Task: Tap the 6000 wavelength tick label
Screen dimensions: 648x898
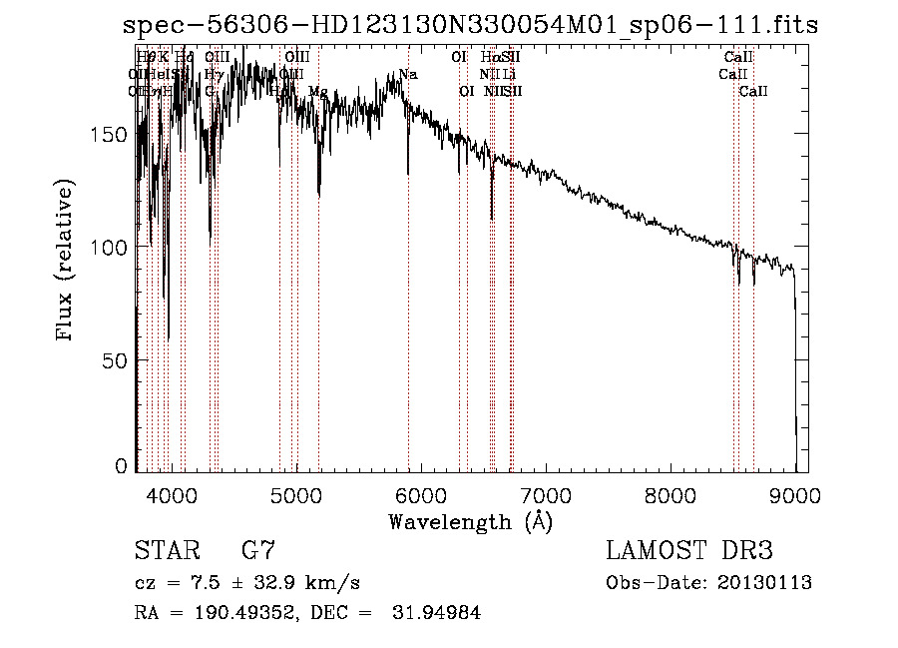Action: click(x=421, y=493)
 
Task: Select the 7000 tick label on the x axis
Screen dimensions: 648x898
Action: click(x=546, y=493)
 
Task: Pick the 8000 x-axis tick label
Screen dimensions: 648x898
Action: click(x=671, y=493)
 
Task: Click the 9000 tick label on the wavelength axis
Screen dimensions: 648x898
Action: click(x=795, y=493)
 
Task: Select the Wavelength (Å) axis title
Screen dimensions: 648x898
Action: click(x=470, y=521)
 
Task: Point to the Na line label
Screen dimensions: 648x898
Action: click(x=408, y=74)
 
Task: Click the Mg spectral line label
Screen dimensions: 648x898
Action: click(x=317, y=92)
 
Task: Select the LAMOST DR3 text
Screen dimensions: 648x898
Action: click(x=689, y=551)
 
